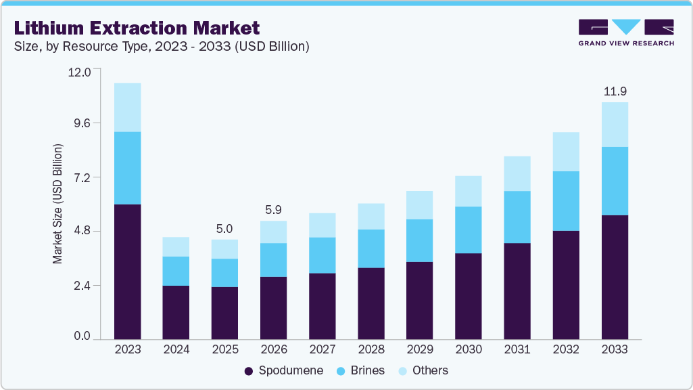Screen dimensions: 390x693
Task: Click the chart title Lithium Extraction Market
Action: tap(136, 28)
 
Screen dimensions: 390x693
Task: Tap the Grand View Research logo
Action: tap(625, 32)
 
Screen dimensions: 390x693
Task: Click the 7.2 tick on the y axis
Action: tap(83, 177)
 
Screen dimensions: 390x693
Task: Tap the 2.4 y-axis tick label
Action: tap(83, 285)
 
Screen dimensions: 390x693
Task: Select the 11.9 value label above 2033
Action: tap(615, 91)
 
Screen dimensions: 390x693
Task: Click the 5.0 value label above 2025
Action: tap(224, 228)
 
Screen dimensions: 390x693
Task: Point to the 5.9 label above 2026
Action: tap(273, 210)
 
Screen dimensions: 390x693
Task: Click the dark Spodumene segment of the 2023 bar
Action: tap(127, 271)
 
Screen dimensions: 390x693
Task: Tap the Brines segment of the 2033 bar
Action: tap(615, 181)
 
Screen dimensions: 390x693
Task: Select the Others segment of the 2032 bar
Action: tap(566, 152)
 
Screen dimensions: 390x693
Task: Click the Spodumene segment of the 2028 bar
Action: tap(371, 303)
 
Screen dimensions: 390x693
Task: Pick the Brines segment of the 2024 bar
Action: tap(176, 271)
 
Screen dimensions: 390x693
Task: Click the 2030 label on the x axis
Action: tap(468, 350)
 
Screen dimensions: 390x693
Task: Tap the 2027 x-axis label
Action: tap(322, 350)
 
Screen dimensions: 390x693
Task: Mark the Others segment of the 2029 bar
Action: tap(419, 205)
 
